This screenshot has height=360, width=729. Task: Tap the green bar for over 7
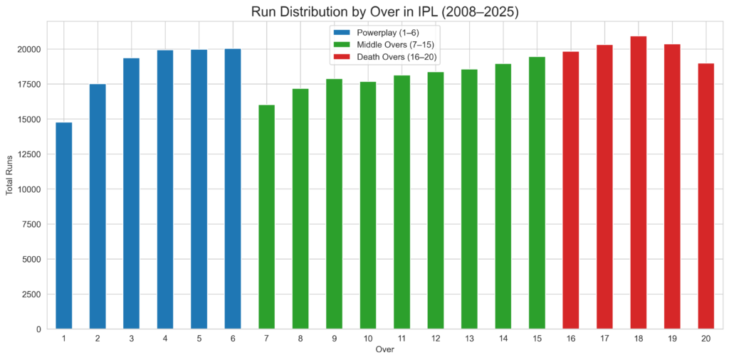266,217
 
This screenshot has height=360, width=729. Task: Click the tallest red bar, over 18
639,182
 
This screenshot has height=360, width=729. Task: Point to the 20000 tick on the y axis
30,50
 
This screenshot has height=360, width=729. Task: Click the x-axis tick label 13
469,339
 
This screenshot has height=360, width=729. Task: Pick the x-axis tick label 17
604,339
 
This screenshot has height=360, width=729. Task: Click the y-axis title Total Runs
11,175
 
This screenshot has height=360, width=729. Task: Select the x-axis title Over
384,349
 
